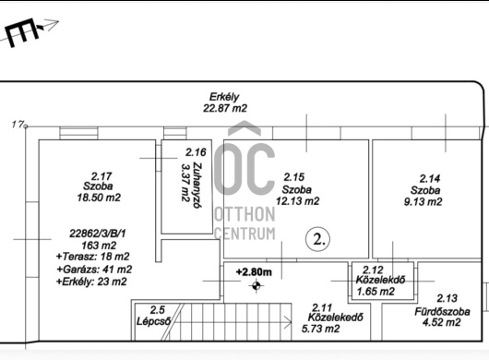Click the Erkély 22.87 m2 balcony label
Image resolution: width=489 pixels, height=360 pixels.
click(225, 102)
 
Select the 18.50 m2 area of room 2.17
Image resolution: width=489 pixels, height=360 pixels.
click(99, 198)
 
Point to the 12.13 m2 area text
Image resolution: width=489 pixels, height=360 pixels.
click(297, 201)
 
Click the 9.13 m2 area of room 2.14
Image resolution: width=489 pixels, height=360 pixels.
click(423, 202)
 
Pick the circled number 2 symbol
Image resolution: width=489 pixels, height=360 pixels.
click(317, 239)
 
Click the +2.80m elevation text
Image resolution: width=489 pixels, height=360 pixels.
click(254, 272)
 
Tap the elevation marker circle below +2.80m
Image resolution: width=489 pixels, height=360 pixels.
click(256, 285)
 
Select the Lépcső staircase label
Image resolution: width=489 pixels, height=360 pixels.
click(154, 321)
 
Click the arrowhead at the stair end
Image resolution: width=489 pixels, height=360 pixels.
click(288, 322)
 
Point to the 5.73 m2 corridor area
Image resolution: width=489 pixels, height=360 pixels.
click(320, 329)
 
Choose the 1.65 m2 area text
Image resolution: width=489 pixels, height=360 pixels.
click(376, 292)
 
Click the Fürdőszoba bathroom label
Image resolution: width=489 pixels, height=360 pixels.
click(442, 312)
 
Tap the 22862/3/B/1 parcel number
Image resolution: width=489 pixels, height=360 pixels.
click(98, 234)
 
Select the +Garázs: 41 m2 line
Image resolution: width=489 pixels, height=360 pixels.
click(94, 270)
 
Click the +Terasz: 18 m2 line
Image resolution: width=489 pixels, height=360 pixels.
click(92, 257)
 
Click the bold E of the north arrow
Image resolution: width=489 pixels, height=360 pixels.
click(21, 32)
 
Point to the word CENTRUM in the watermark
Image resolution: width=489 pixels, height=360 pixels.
click(245, 234)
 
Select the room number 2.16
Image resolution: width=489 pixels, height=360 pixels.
click(196, 152)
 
